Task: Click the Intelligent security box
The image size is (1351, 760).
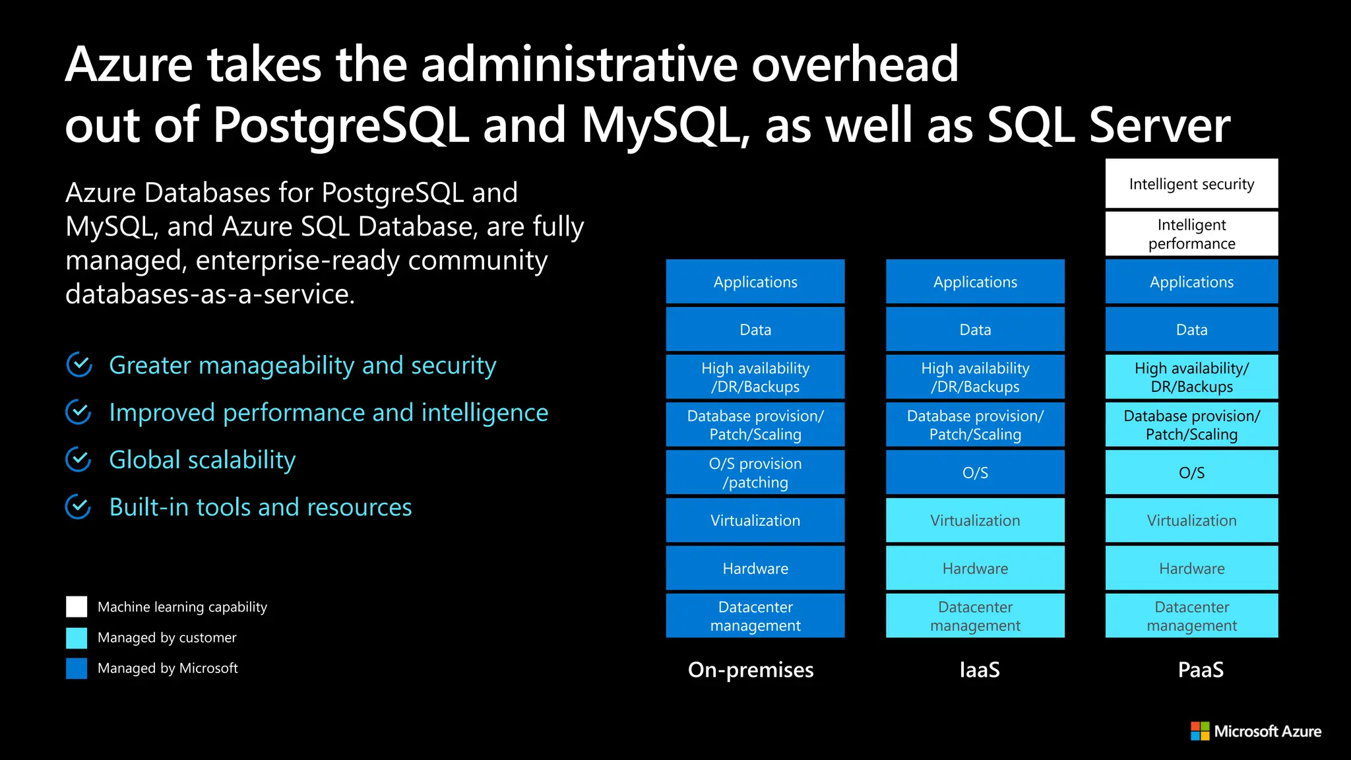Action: (1191, 184)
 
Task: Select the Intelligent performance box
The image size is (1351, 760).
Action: (1191, 234)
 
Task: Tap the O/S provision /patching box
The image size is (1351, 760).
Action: (755, 472)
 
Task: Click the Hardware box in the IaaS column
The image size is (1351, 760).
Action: (975, 568)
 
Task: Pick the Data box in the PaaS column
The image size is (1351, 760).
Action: (1191, 329)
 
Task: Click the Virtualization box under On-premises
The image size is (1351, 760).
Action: (755, 521)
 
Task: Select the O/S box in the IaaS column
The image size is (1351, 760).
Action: (975, 472)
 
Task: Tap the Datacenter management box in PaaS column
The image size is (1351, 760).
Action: (1191, 616)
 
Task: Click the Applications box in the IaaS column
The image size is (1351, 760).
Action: (975, 282)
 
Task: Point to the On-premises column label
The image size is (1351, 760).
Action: (751, 670)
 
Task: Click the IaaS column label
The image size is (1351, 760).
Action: (980, 670)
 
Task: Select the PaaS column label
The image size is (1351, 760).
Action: (1201, 670)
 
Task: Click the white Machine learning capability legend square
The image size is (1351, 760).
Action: (77, 607)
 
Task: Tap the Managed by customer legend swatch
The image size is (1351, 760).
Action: (77, 638)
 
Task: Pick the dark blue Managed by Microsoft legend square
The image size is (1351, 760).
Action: (77, 668)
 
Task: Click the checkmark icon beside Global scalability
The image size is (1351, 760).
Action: (79, 460)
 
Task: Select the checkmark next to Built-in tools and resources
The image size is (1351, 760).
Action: (79, 507)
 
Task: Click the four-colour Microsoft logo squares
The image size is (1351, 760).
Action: (1200, 731)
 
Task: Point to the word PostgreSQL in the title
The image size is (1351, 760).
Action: (340, 125)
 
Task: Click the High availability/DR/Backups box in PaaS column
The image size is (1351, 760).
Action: (1191, 377)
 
